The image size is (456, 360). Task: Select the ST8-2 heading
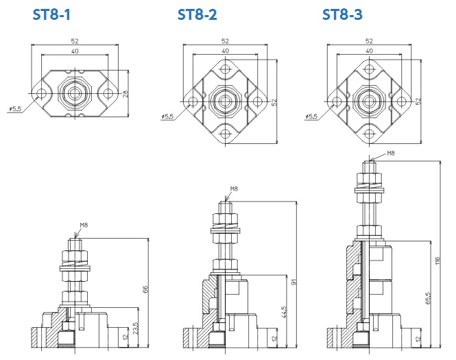pyautogui.click(x=197, y=14)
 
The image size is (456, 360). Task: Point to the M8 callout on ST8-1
pyautogui.click(x=84, y=225)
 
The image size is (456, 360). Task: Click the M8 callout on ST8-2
pyautogui.click(x=234, y=189)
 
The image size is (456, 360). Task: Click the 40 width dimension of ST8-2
pyautogui.click(x=225, y=51)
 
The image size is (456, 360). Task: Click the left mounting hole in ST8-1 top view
pyautogui.click(x=42, y=93)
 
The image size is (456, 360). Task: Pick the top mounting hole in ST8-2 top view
pyautogui.click(x=225, y=69)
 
